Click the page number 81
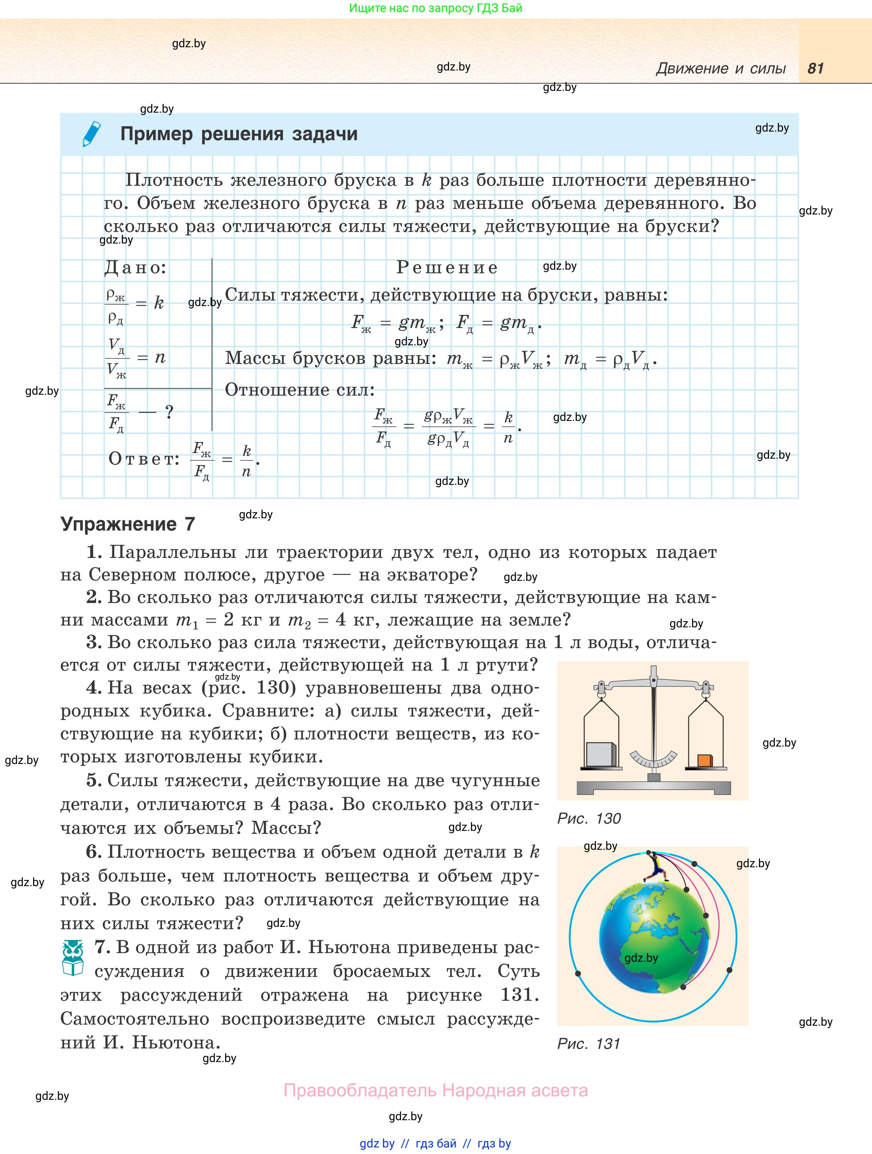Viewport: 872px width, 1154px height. point(815,68)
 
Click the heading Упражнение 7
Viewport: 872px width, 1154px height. point(128,524)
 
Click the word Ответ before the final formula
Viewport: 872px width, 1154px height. point(144,459)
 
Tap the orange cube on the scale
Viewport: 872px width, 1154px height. point(704,760)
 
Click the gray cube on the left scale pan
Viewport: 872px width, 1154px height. point(601,755)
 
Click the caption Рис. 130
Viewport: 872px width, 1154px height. point(589,819)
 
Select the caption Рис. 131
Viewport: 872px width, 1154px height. point(589,1044)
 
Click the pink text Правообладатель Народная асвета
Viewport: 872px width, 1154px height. point(435,1090)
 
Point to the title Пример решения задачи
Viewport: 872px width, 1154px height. point(239,134)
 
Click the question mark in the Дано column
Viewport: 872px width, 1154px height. point(169,412)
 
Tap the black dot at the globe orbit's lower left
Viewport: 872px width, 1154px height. point(578,973)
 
